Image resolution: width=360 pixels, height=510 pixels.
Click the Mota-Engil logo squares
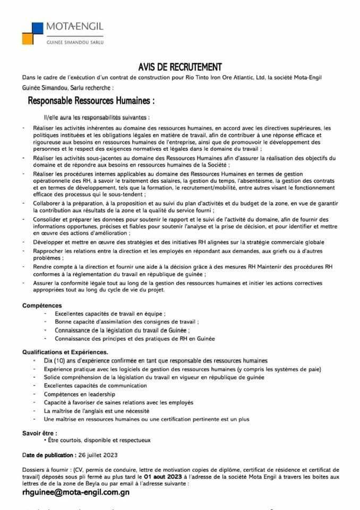pos(34,33)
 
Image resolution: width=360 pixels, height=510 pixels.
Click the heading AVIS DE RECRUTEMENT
pos(179,67)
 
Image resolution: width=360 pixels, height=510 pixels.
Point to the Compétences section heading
pos(42,305)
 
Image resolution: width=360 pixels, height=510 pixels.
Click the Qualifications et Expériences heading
pos(65,352)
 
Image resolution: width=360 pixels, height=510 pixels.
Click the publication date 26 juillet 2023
pos(98,455)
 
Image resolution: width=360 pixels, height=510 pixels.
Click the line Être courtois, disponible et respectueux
pos(99,440)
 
